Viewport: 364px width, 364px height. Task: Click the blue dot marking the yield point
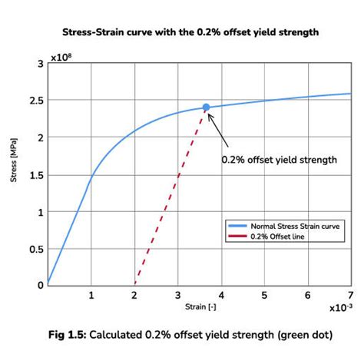pyautogui.click(x=206, y=108)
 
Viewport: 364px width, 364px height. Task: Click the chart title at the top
pyautogui.click(x=183, y=33)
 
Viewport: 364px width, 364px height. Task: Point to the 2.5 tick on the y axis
pyautogui.click(x=35, y=101)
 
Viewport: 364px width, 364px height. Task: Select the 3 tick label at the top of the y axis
pyautogui.click(x=39, y=64)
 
